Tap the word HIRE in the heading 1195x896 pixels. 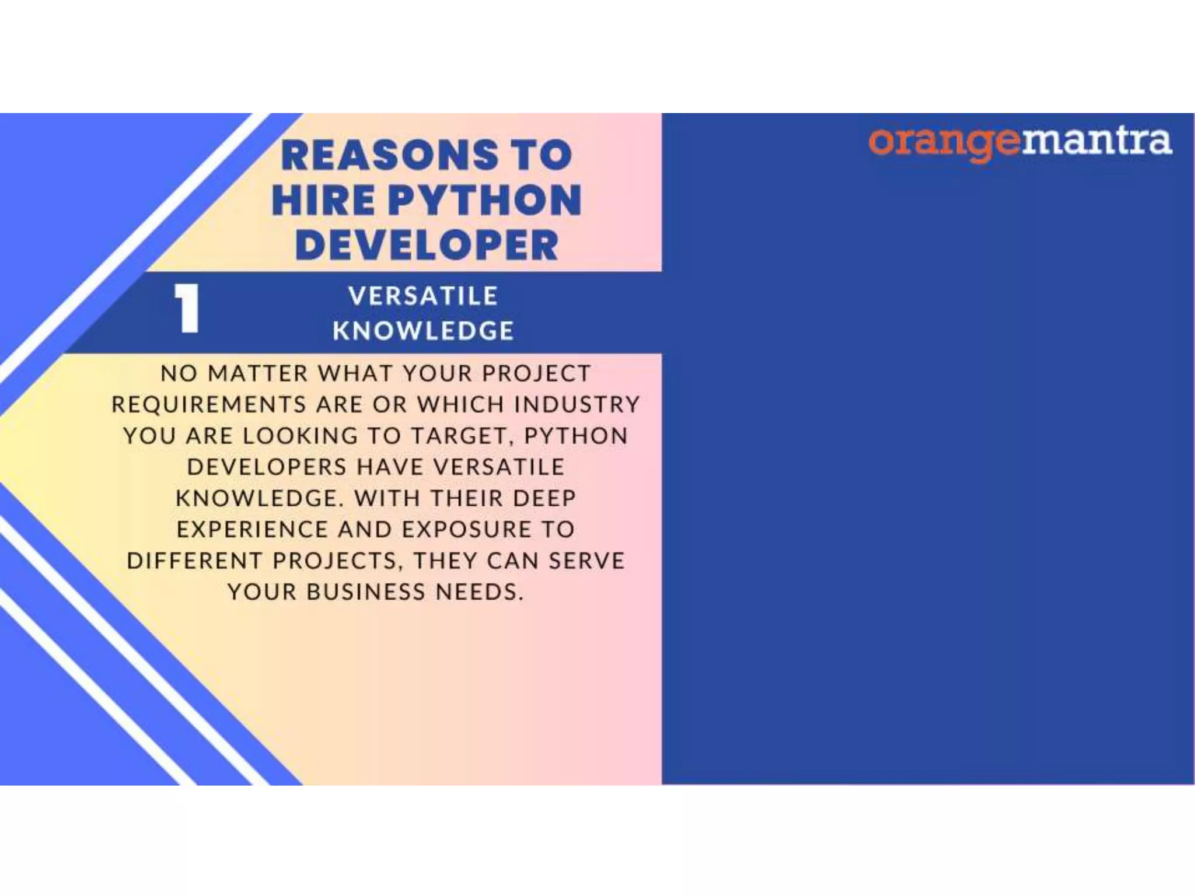323,201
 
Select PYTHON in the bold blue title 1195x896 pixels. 485,201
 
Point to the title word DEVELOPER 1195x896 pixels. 427,246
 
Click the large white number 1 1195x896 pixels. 187,309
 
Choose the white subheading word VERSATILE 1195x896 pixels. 423,296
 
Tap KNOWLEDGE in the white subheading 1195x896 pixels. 423,331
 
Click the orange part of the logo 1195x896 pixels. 944,142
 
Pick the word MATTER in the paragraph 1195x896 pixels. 258,373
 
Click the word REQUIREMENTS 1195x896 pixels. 209,404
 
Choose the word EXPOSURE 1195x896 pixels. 467,530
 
